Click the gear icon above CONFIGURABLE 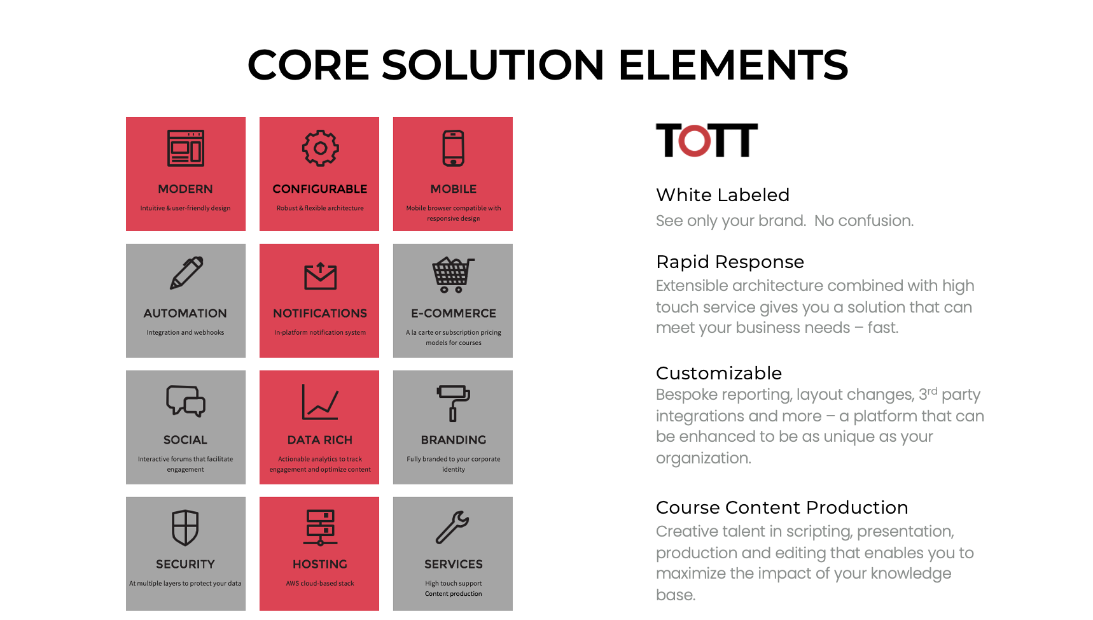(x=320, y=148)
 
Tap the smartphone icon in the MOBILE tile (x=454, y=148)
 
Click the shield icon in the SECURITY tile (x=185, y=528)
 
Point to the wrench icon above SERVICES (x=452, y=528)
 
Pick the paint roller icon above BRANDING (x=453, y=403)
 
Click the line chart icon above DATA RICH (x=319, y=402)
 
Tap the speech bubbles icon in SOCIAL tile (x=186, y=401)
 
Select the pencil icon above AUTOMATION (x=186, y=273)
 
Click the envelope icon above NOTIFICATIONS (x=320, y=276)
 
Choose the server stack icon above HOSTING (x=320, y=528)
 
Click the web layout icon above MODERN (x=186, y=148)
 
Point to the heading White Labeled (x=722, y=195)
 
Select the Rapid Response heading (x=730, y=262)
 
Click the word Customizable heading (x=718, y=373)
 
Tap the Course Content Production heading (x=781, y=507)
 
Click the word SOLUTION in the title (x=492, y=65)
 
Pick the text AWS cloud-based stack (x=320, y=583)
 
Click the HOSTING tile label (x=320, y=564)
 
